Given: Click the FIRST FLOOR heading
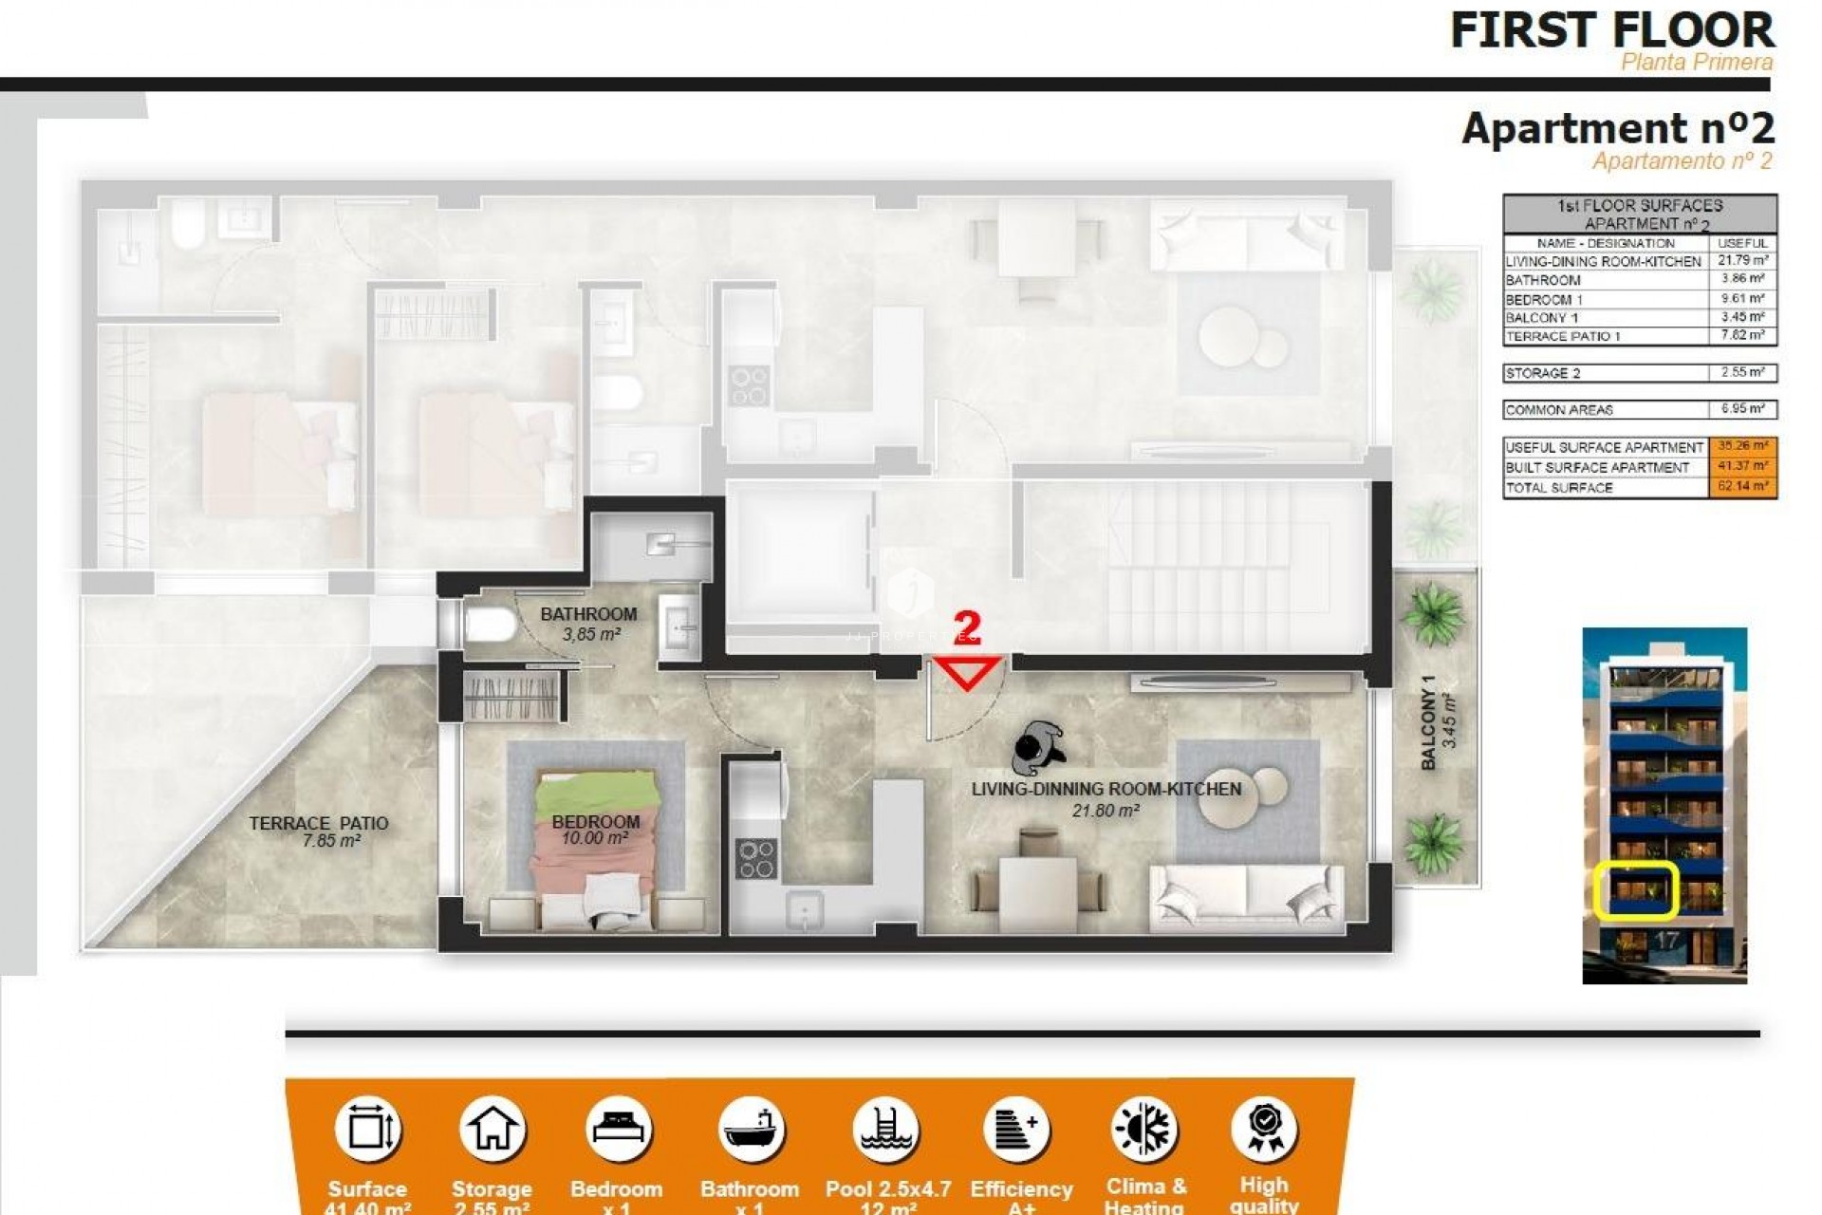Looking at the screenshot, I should (1611, 30).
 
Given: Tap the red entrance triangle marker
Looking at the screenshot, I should (967, 672).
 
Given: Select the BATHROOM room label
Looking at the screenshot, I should (588, 614).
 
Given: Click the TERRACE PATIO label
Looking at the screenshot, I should (319, 823).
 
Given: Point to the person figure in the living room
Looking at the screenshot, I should (1037, 748).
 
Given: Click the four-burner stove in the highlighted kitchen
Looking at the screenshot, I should (756, 858).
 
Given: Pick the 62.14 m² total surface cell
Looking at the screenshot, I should (1742, 487).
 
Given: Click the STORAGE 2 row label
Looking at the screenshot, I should (1543, 373).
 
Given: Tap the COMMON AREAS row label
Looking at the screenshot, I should (1559, 410).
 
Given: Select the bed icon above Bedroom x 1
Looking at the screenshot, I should (618, 1129).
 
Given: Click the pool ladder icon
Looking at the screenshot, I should (886, 1129).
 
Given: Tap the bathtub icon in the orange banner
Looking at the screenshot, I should (751, 1129).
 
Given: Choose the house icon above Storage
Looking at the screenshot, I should (492, 1129).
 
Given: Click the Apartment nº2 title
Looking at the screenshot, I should (1618, 128).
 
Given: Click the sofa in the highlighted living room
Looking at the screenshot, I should (1245, 897).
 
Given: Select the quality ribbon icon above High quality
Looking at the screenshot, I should (1265, 1129).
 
